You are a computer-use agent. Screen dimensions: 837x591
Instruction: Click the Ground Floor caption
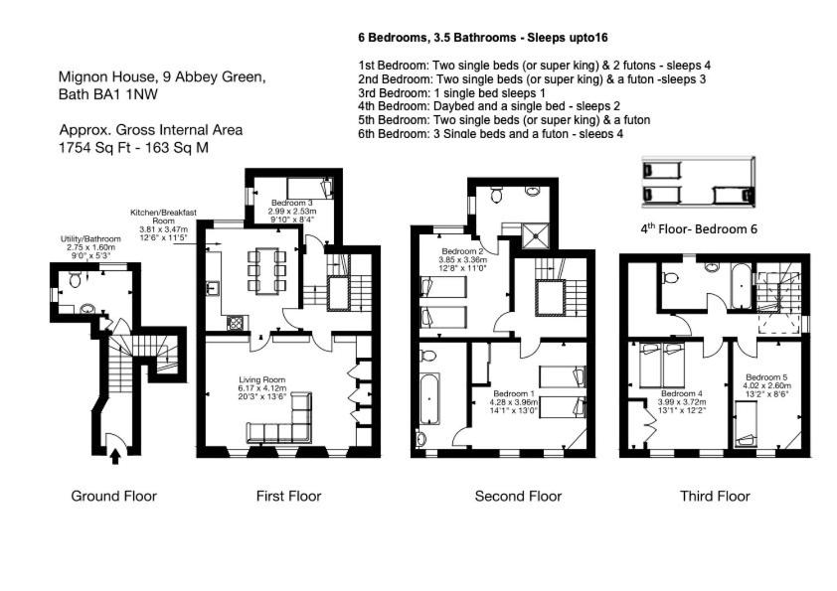coord(113,496)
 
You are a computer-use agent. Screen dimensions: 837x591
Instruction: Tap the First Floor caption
coord(289,496)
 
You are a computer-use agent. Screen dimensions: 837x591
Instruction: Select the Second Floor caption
coord(518,496)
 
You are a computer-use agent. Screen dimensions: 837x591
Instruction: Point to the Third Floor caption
coord(716,496)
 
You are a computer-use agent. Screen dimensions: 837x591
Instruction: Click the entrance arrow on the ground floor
coord(115,457)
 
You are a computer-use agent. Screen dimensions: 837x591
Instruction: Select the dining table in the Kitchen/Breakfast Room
coord(266,270)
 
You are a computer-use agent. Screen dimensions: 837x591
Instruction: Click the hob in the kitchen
coord(236,322)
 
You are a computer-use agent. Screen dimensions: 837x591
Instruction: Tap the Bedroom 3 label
coord(292,204)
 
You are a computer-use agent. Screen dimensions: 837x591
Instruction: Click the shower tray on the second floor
coord(536,235)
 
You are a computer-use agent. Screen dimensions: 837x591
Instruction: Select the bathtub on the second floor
coord(429,398)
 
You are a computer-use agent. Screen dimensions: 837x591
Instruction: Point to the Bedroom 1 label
coord(514,394)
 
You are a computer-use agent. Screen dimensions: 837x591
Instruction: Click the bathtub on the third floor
coord(741,286)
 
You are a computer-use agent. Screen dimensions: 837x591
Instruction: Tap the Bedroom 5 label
coord(766,377)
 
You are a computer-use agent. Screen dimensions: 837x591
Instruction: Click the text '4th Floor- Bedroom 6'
coord(699,228)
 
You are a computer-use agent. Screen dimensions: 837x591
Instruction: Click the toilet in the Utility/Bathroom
coord(75,279)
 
